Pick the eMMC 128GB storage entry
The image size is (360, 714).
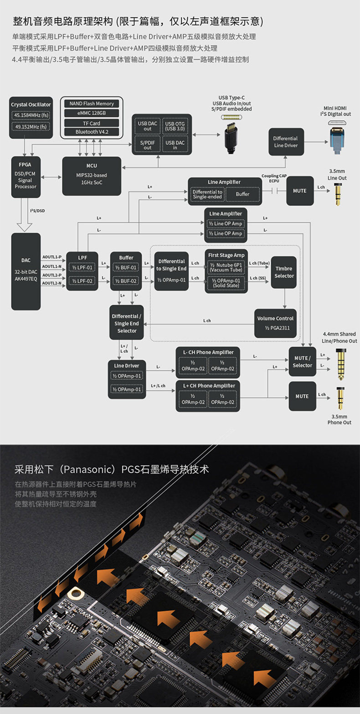(x=92, y=113)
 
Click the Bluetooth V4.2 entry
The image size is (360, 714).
(x=92, y=132)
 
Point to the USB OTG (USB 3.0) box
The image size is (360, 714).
(x=175, y=126)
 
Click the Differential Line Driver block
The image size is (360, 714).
(x=286, y=142)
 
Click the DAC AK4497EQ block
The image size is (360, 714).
(x=26, y=271)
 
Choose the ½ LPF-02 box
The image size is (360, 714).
(x=82, y=281)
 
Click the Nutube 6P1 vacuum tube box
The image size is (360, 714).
(x=226, y=267)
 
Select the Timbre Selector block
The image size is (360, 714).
(x=284, y=273)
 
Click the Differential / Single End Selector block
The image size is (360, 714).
(x=127, y=323)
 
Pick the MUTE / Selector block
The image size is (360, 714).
(x=302, y=362)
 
